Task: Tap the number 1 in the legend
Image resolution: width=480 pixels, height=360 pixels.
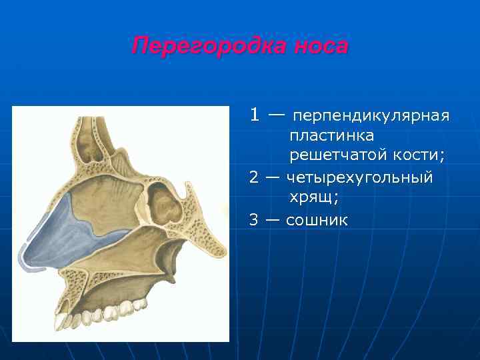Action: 255,115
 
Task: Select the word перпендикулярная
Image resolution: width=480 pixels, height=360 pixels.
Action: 371,117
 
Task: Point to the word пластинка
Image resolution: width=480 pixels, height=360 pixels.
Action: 331,135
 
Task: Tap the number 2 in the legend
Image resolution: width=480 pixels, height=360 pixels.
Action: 255,177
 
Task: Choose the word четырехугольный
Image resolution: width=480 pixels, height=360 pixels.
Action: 360,178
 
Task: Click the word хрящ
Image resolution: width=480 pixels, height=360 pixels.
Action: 313,198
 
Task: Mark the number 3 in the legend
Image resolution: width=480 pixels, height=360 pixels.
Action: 255,219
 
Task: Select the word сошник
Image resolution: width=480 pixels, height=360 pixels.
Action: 317,219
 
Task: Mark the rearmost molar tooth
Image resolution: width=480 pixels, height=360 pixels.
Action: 141,304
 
